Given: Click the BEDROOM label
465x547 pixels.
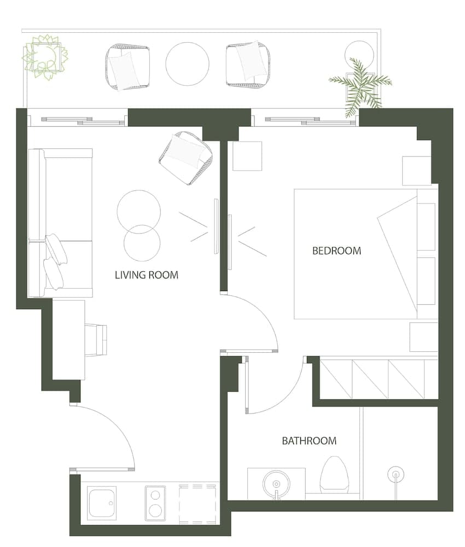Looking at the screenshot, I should click(336, 251).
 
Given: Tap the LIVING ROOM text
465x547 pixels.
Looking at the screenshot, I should click(146, 275).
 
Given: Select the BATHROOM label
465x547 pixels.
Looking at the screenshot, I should click(309, 441).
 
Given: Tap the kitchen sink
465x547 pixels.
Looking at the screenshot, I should click(102, 503).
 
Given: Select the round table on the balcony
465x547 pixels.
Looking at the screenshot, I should click(187, 64).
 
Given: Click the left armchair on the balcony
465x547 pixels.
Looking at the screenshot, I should click(127, 67).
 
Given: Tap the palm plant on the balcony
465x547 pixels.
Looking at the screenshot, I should click(360, 85).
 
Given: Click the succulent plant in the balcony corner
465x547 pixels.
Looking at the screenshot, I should click(45, 56).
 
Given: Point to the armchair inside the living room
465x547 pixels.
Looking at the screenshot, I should click(185, 158).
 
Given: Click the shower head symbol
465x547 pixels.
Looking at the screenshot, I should click(395, 475).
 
